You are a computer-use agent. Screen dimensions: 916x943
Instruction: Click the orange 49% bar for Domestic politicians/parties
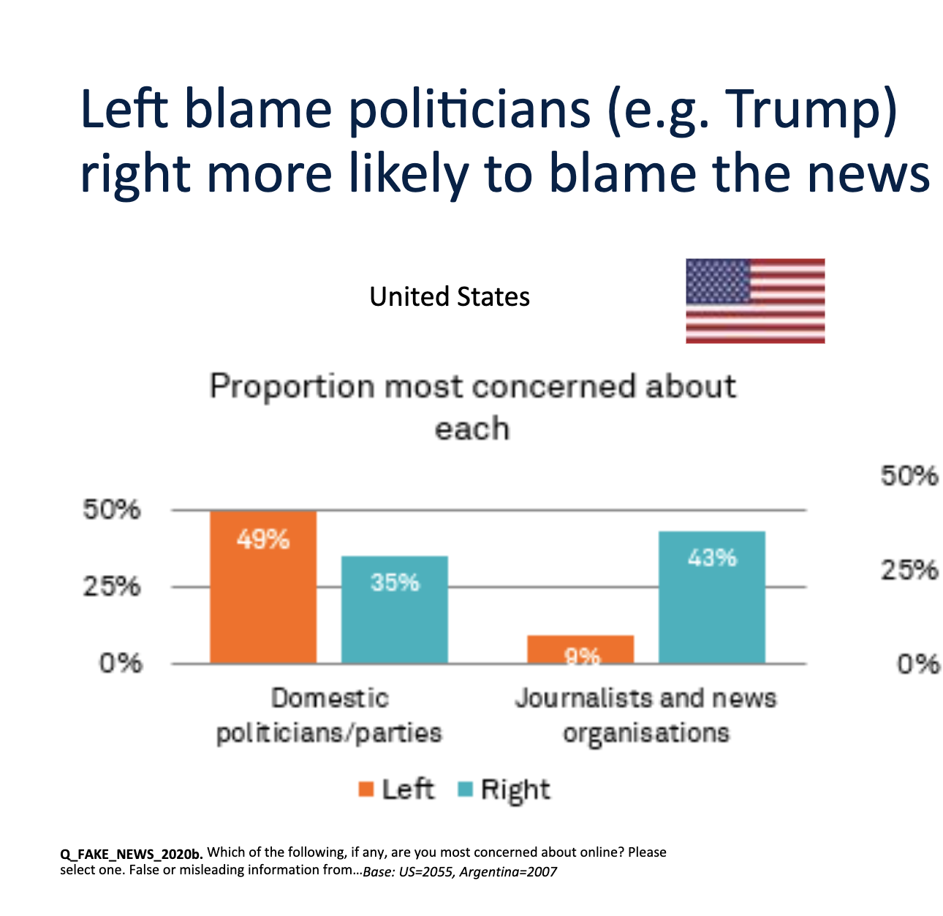pyautogui.click(x=263, y=600)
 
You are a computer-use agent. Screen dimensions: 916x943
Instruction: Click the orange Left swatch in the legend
pyautogui.click(x=366, y=789)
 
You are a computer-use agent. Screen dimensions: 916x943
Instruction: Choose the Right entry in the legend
pyautogui.click(x=504, y=789)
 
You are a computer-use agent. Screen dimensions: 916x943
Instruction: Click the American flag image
pyautogui.click(x=755, y=301)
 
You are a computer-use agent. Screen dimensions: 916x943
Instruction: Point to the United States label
pyautogui.click(x=450, y=296)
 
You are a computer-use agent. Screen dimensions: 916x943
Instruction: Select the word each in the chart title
pyautogui.click(x=471, y=428)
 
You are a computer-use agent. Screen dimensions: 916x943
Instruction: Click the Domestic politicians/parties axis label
pyautogui.click(x=329, y=715)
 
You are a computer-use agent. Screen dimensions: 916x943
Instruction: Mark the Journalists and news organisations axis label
pyautogui.click(x=645, y=715)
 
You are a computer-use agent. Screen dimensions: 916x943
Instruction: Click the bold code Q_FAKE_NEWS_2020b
pyautogui.click(x=131, y=853)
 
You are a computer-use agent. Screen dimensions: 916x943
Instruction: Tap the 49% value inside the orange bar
pyautogui.click(x=263, y=540)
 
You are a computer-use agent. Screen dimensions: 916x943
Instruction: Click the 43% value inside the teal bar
pyautogui.click(x=712, y=558)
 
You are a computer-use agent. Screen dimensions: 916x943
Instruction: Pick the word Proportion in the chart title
pyautogui.click(x=291, y=386)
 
